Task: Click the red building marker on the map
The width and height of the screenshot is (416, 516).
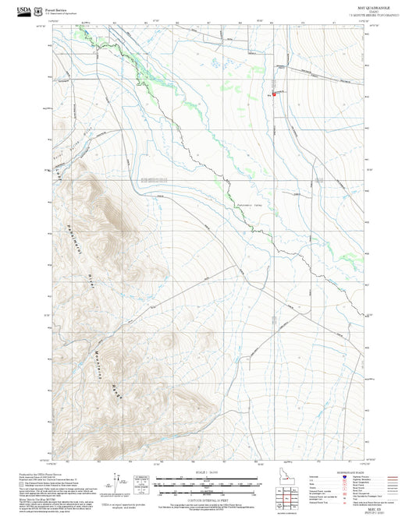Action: [274, 94]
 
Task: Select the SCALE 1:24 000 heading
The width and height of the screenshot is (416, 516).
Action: [207, 471]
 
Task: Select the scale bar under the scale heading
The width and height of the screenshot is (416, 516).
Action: [207, 481]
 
